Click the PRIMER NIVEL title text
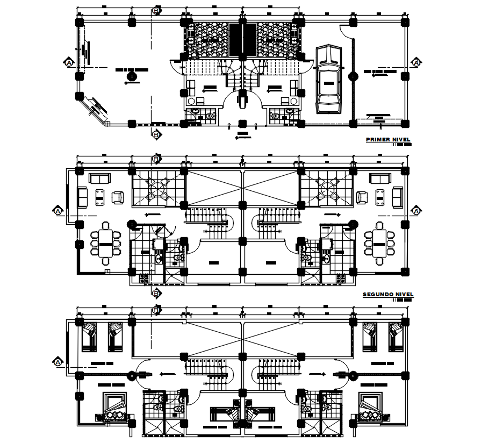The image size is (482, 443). [x=388, y=140]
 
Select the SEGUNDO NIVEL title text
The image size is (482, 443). [x=388, y=295]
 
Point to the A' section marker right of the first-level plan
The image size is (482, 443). [x=416, y=63]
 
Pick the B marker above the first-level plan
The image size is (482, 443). [x=156, y=10]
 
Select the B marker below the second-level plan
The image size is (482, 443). [x=156, y=293]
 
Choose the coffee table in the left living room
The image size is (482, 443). [x=100, y=197]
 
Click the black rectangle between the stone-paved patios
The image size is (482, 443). [x=242, y=40]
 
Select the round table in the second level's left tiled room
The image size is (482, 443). [x=158, y=188]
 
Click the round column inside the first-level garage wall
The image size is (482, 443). [x=353, y=76]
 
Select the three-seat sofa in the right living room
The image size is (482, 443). [x=380, y=178]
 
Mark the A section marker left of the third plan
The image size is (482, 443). [x=57, y=362]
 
